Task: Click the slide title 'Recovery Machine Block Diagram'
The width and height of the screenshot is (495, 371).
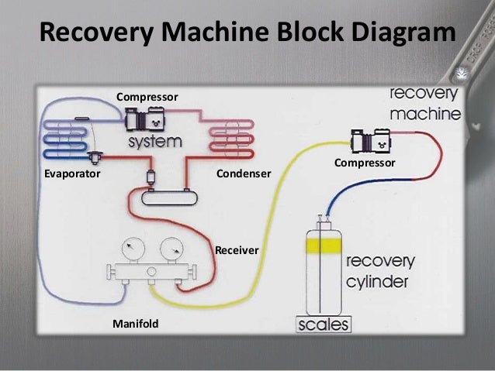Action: point(247,33)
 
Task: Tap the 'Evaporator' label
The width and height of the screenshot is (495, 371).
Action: point(72,175)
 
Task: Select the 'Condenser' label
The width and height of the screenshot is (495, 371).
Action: point(244,175)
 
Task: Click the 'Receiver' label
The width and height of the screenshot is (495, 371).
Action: point(237,250)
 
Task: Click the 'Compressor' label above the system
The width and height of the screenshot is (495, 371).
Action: point(147,97)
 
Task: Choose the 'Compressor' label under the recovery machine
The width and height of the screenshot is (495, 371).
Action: point(365,163)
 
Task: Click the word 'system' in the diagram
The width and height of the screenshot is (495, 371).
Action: point(154,143)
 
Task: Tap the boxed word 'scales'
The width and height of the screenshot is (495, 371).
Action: point(324,324)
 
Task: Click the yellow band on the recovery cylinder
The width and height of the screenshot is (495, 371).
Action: point(323,246)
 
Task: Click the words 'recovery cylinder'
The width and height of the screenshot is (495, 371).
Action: point(379,271)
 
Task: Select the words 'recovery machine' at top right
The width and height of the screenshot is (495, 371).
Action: point(424,103)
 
